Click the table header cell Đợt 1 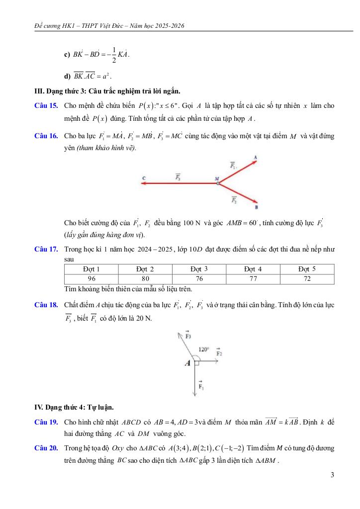tap(91, 269)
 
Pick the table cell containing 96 tap(91, 278)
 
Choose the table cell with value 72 tap(307, 278)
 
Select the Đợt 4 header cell tap(253, 269)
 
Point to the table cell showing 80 tap(145, 278)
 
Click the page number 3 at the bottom tap(332, 475)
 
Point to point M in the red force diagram tap(217, 178)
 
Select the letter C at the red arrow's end tap(143, 177)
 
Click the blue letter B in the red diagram tap(256, 207)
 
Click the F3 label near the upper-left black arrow tap(188, 336)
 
